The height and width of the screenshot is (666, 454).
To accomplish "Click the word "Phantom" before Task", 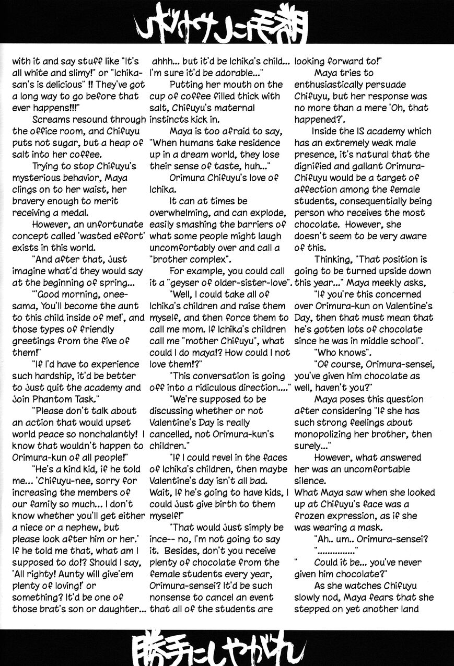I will [x=57, y=399].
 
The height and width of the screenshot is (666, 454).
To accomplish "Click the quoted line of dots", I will [x=336, y=551].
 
